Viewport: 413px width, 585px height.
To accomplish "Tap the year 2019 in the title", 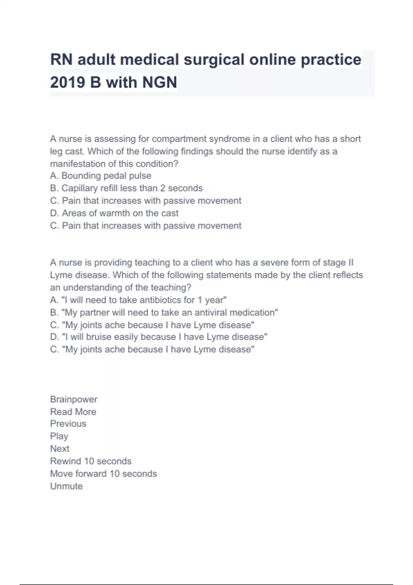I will (x=67, y=83).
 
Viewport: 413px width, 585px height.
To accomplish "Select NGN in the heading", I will (x=159, y=83).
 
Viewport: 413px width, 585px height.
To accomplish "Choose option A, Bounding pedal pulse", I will (x=100, y=176).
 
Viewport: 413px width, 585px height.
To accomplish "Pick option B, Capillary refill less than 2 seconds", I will (x=126, y=188).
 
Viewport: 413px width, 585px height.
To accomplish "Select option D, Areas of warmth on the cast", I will (x=114, y=213).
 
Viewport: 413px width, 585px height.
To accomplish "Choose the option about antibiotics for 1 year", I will (x=138, y=300).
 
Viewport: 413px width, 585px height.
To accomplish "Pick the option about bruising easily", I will (x=159, y=337).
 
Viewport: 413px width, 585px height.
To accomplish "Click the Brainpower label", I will (x=74, y=400).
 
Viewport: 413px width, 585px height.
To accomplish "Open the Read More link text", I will (x=73, y=412).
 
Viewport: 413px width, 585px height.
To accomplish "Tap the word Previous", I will (x=68, y=424).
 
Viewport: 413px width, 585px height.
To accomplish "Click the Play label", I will (x=59, y=436).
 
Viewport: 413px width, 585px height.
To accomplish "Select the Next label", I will (x=60, y=449).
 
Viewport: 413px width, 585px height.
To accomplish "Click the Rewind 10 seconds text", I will (x=91, y=461).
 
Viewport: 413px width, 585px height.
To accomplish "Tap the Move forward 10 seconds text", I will (x=104, y=474).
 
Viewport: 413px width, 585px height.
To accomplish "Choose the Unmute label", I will (x=66, y=486).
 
